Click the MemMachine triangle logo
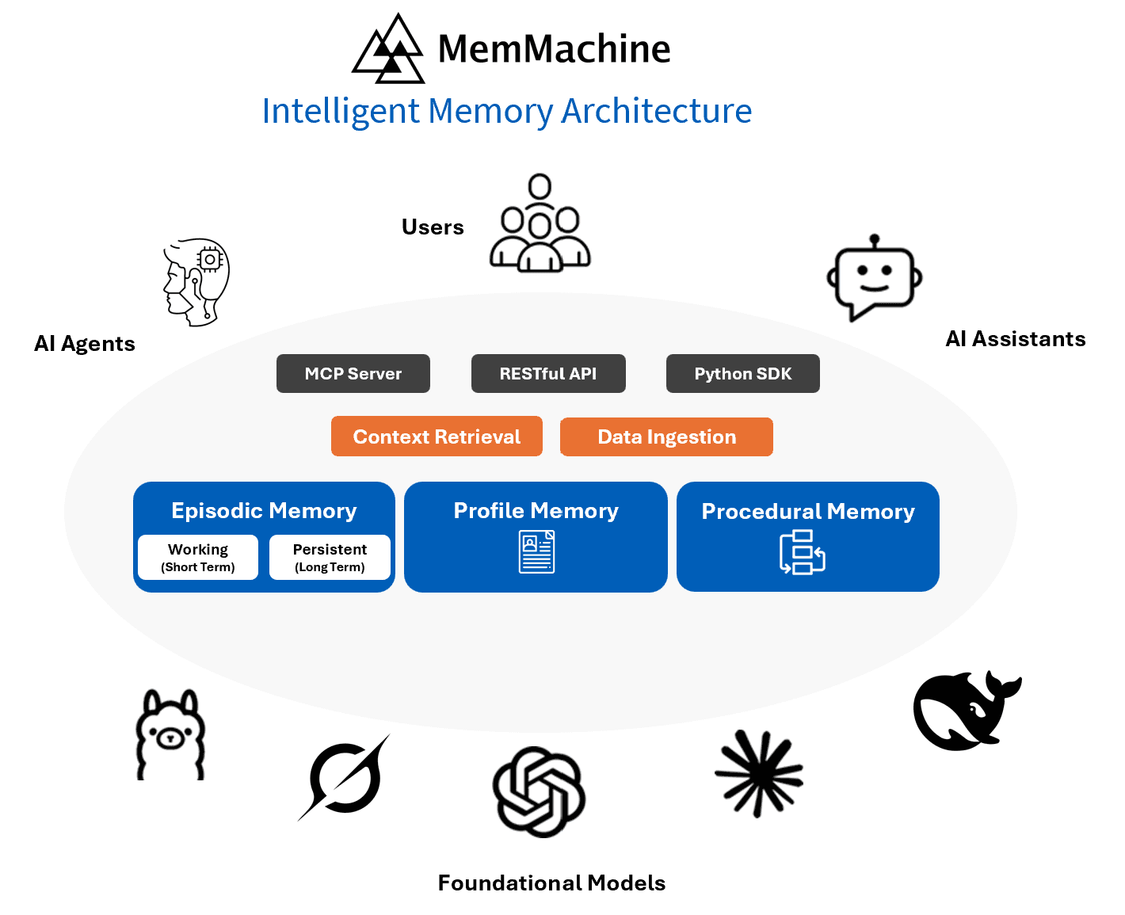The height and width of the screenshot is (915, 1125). tap(389, 50)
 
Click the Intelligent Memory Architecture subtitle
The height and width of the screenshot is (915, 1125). tap(507, 111)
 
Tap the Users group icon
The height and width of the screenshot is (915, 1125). tap(540, 224)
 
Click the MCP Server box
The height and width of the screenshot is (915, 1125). tap(353, 374)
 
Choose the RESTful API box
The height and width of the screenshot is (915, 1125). tap(548, 374)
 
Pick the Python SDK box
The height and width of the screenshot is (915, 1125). tap(743, 374)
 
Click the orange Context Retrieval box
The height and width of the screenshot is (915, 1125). tap(437, 437)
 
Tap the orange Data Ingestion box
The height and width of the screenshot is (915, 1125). tap(666, 437)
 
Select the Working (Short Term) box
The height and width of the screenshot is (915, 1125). tap(198, 558)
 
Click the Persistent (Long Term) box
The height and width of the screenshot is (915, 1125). tap(330, 558)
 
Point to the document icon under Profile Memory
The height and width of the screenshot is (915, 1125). tap(536, 552)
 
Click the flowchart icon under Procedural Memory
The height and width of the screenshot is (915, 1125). tap(802, 552)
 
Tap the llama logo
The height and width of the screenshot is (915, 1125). tap(170, 735)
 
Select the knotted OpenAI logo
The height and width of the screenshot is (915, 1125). tap(539, 791)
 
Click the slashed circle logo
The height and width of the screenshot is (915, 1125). tap(345, 777)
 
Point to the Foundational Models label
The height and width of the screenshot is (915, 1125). tap(551, 883)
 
